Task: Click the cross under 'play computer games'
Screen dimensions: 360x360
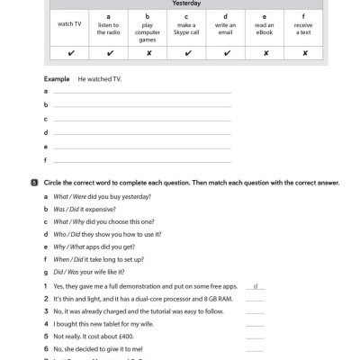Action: [x=148, y=52]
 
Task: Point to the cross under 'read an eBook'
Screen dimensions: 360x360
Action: [x=265, y=52]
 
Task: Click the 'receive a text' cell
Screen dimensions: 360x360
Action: [x=305, y=23]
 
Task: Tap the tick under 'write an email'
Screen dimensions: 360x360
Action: [x=226, y=52]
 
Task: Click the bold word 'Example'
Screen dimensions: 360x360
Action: [x=57, y=78]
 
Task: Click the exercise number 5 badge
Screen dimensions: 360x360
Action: [x=33, y=182]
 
